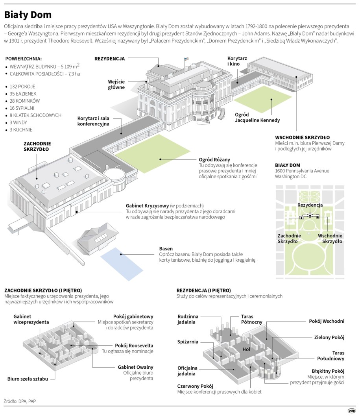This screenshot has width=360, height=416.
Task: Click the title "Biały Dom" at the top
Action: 28,15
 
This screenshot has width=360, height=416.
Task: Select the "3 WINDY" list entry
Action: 20,122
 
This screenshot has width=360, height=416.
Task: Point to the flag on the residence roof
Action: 183,59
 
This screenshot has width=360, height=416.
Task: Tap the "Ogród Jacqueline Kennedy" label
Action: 257,117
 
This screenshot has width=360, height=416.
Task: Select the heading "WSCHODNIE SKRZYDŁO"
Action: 303,137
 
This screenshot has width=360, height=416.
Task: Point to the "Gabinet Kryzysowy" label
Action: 148,205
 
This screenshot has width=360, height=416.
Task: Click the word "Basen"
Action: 166,249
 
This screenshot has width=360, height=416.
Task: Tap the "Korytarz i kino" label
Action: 237,61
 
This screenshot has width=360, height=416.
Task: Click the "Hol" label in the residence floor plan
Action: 247,349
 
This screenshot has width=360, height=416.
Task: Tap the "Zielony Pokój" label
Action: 329,337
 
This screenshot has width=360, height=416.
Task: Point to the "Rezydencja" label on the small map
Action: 310,205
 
